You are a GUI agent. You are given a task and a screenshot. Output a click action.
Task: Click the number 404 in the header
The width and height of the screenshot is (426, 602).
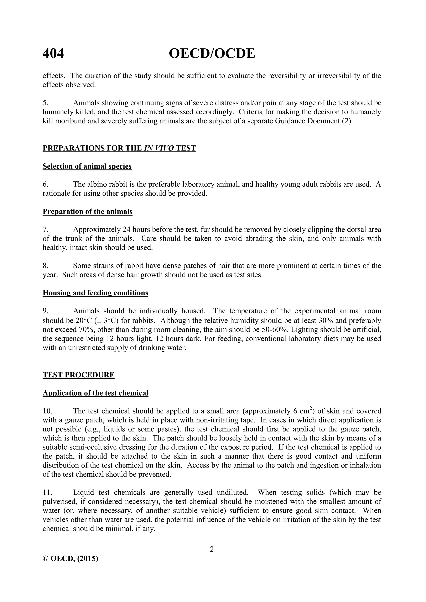(53, 54)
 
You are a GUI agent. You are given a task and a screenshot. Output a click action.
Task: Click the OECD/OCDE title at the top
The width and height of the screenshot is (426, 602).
(212, 54)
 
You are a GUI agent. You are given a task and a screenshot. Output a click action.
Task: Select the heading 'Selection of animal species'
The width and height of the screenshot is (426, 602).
(87, 166)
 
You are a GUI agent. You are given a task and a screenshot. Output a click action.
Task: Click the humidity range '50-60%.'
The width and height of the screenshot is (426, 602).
(275, 329)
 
